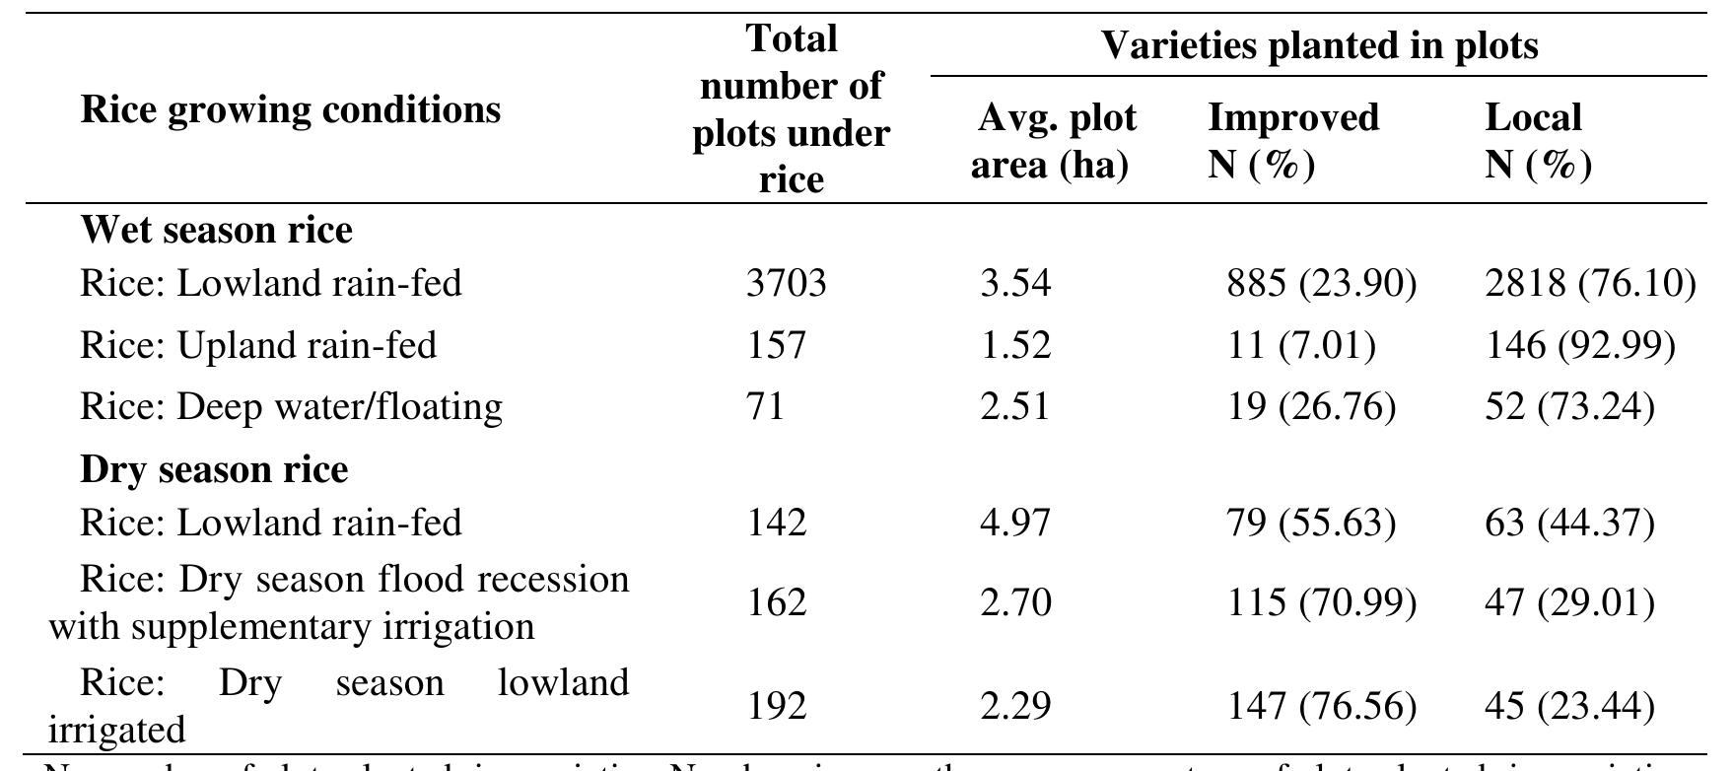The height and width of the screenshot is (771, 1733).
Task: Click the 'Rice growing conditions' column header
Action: point(290,109)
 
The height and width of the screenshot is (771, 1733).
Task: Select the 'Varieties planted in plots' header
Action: point(1318,44)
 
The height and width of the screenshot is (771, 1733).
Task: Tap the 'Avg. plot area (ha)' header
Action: point(1055,141)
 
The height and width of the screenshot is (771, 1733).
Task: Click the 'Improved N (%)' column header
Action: point(1292,141)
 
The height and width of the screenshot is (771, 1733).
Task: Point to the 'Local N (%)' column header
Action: point(1537,141)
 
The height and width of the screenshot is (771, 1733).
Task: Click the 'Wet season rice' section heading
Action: point(216,230)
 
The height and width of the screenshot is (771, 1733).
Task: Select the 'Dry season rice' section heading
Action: point(214,469)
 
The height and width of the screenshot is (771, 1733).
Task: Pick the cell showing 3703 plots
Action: point(786,284)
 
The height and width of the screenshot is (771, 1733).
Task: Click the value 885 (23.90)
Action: point(1321,284)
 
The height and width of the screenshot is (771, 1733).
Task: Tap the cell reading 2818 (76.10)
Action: point(1589,284)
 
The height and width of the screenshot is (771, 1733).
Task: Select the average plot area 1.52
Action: point(1015,345)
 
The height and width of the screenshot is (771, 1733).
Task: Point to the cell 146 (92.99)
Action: point(1579,345)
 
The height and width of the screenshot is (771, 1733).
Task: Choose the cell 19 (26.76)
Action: point(1311,406)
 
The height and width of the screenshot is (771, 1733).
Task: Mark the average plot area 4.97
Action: point(1015,523)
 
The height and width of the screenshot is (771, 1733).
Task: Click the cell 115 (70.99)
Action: point(1321,601)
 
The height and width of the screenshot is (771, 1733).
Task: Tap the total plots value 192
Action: point(776,706)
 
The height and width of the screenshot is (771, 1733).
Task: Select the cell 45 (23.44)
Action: point(1569,706)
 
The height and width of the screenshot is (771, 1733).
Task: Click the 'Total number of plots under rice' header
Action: point(791,109)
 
